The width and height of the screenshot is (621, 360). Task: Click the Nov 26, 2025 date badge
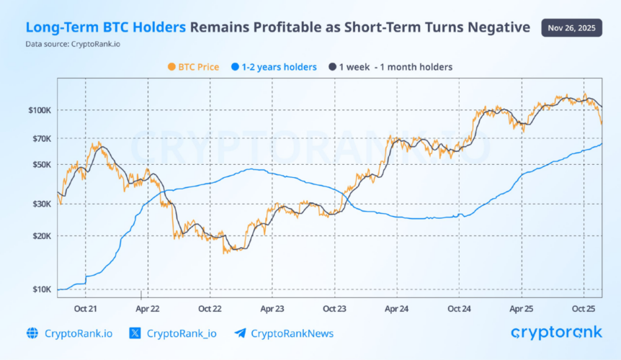571,28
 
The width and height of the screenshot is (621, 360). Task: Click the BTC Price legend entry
193,67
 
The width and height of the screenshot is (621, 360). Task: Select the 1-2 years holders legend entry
275,67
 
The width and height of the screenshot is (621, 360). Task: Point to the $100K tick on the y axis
39,110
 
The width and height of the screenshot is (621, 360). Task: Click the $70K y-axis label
40,138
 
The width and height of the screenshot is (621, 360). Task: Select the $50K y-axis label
40,164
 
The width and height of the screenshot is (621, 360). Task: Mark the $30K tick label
40,204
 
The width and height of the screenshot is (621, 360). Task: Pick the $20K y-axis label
40,236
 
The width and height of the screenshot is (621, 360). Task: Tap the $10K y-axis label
40,289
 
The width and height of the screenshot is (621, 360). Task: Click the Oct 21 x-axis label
86,308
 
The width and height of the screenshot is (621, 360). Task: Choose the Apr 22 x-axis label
148,308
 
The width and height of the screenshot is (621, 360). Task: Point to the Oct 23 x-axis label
334,308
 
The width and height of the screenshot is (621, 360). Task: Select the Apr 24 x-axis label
396,308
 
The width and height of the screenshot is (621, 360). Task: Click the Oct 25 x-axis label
583,308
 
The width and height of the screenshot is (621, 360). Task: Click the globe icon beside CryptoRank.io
32,333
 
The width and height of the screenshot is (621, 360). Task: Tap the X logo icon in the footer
135,333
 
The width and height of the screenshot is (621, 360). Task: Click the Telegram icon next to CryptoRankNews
240,333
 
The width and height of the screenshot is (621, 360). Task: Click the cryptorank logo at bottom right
556,333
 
